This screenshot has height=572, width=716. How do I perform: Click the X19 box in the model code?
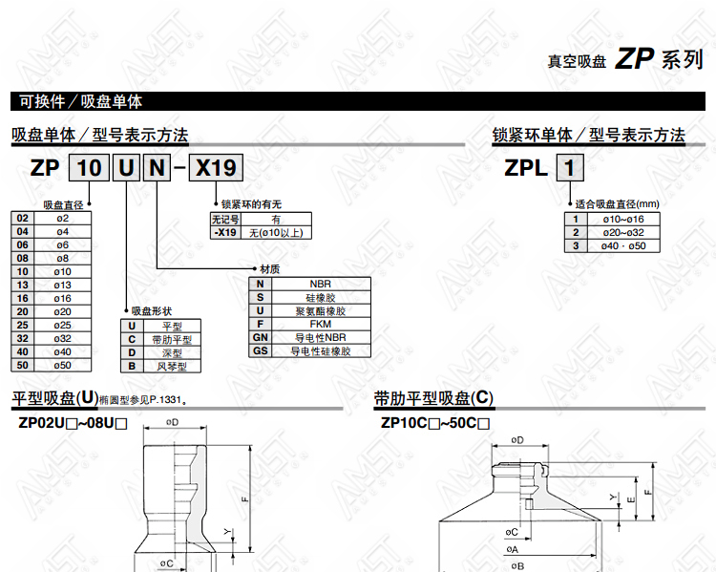[216, 168]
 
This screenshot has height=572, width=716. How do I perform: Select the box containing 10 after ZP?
[89, 168]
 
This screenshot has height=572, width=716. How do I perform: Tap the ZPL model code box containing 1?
[569, 168]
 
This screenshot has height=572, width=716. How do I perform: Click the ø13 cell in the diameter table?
[63, 286]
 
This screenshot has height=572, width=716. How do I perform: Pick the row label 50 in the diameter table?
[22, 366]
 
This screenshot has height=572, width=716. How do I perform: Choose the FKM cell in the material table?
[321, 325]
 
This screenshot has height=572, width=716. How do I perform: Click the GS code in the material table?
[261, 350]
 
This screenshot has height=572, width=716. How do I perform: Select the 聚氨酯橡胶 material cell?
[321, 311]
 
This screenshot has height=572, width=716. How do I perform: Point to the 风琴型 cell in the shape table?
[172, 367]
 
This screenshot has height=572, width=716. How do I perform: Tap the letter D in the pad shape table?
[132, 352]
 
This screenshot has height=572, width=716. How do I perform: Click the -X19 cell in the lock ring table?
[225, 233]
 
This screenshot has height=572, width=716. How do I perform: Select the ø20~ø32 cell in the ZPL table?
[623, 233]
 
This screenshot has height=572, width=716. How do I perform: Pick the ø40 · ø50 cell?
[623, 245]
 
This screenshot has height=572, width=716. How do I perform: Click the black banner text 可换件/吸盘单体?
[81, 101]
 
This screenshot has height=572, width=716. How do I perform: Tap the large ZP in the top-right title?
[635, 59]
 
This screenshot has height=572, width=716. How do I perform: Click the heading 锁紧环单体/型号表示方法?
[589, 136]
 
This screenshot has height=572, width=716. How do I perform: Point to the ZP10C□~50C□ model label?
[435, 423]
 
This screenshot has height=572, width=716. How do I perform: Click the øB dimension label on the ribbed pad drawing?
[517, 566]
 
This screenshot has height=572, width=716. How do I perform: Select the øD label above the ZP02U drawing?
[172, 423]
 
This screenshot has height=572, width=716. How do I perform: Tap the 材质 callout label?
[270, 269]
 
